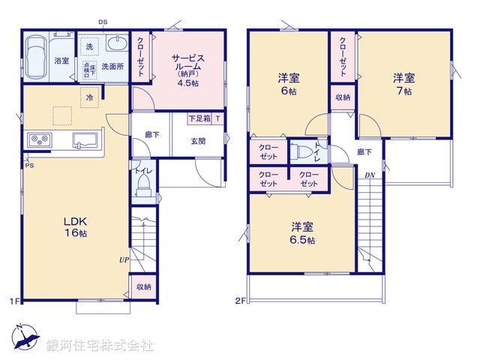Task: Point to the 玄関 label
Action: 198,141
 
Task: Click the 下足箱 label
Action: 199,118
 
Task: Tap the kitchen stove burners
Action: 39,139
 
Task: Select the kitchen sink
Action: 84,139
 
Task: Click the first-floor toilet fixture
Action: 143,188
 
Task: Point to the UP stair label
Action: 123,259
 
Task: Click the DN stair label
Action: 370,175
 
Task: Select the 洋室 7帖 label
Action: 403,85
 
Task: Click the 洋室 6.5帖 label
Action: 302,232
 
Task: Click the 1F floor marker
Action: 15,301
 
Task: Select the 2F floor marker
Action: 240,301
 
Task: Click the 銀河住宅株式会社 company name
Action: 100,346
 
